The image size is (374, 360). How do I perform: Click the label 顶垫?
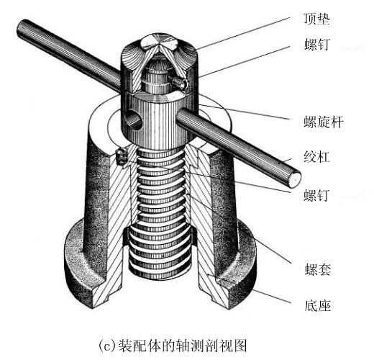(316, 19)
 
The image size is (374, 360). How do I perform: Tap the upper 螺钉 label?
(316, 44)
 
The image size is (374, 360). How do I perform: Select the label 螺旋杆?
(324, 122)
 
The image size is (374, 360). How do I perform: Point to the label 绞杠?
(316, 156)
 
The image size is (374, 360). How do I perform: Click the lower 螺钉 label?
(316, 195)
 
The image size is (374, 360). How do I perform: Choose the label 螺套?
(318, 269)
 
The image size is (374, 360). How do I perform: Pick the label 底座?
(318, 305)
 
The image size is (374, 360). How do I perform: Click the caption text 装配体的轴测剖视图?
(183, 346)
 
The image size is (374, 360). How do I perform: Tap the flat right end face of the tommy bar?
(294, 180)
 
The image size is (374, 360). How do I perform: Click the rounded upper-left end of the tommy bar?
(21, 27)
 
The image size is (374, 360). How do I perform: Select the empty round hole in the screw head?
(133, 120)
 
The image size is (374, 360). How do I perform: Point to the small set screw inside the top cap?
(178, 83)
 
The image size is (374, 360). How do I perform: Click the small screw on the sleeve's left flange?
(121, 156)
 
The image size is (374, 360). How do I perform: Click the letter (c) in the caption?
(107, 346)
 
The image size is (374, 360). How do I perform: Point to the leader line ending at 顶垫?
(243, 33)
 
